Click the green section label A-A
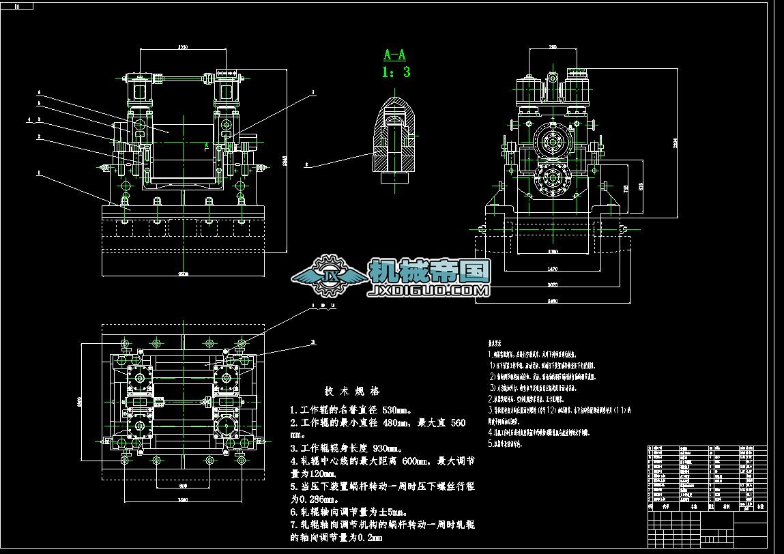[x=395, y=55]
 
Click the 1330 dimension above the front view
[x=183, y=47]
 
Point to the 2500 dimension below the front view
[x=183, y=274]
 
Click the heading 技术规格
[x=351, y=392]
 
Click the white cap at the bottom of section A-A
[x=394, y=177]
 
